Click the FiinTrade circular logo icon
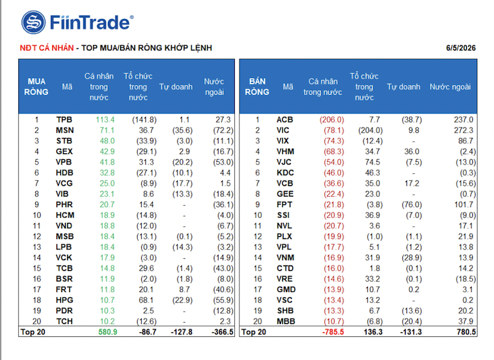click(x=33, y=22)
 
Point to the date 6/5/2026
click(x=461, y=48)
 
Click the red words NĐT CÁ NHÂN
click(x=47, y=48)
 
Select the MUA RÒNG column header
click(x=36, y=87)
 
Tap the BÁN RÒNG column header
click(x=257, y=87)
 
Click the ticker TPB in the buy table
click(x=64, y=120)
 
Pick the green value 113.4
click(x=105, y=120)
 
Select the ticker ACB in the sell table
click(x=285, y=120)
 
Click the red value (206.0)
click(x=332, y=120)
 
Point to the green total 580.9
click(x=108, y=332)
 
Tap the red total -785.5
click(x=333, y=332)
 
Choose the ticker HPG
click(x=64, y=300)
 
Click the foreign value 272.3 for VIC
click(x=463, y=130)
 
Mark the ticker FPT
click(x=284, y=204)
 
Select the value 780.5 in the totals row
click(x=466, y=332)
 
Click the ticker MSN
click(x=65, y=130)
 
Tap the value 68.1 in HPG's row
click(x=146, y=300)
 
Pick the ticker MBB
click(x=286, y=321)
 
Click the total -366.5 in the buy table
click(x=223, y=332)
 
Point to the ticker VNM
click(x=286, y=257)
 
